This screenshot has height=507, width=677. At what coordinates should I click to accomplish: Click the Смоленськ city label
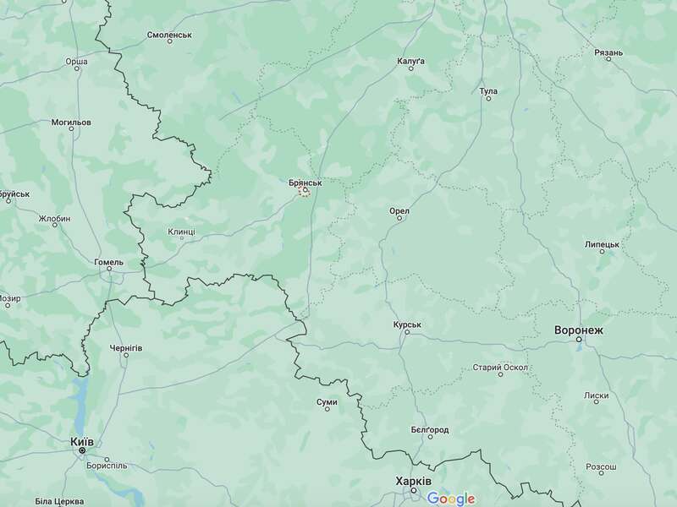pyautogui.click(x=170, y=35)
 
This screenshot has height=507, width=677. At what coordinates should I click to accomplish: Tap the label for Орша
pyautogui.click(x=76, y=62)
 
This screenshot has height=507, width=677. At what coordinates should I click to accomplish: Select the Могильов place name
pyautogui.click(x=70, y=123)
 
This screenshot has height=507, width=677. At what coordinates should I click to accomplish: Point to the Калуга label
pyautogui.click(x=411, y=62)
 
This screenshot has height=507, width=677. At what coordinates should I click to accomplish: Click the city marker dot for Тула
pyautogui.click(x=488, y=99)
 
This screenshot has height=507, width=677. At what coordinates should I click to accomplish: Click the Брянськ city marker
pyautogui.click(x=305, y=192)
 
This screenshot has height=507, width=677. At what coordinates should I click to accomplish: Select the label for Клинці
pyautogui.click(x=181, y=231)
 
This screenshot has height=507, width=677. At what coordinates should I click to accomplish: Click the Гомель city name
pyautogui.click(x=108, y=262)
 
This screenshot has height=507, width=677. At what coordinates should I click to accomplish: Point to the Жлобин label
pyautogui.click(x=54, y=219)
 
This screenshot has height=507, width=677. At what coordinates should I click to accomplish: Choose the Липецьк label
pyautogui.click(x=602, y=243)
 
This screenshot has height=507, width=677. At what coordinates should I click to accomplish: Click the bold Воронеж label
pyautogui.click(x=579, y=330)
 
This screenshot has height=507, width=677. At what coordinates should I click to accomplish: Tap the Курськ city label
pyautogui.click(x=407, y=324)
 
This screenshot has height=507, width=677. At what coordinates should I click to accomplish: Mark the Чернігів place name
pyautogui.click(x=126, y=347)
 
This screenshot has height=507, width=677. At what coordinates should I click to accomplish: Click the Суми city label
pyautogui.click(x=327, y=401)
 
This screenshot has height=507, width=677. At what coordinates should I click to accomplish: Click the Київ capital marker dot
pyautogui.click(x=82, y=451)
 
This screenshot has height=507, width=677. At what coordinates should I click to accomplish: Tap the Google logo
pyautogui.click(x=451, y=499)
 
